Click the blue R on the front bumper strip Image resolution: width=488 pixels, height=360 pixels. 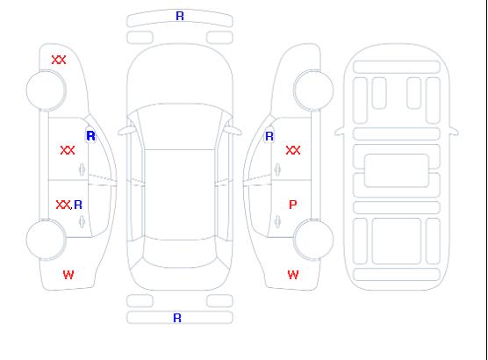point(180,16)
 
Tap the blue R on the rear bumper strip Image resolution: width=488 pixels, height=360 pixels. point(177,318)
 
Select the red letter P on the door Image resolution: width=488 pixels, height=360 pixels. point(293,205)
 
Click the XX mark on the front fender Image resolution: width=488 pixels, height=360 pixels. point(59,60)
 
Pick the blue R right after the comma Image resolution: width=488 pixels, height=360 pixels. point(78,205)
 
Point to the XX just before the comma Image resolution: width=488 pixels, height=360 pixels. point(63,205)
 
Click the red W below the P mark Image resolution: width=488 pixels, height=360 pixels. point(293,275)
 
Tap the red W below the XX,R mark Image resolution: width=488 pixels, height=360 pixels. point(68,275)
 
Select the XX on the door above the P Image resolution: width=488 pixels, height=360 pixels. point(293,150)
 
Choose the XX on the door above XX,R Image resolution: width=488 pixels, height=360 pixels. point(68,150)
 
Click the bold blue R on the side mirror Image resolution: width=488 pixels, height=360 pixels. point(91,136)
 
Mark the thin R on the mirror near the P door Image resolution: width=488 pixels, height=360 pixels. point(269,136)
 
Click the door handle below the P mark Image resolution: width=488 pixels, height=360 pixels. point(277,222)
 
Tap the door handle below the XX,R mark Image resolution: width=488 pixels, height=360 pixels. point(82,222)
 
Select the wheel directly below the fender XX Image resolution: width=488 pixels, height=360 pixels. point(46,90)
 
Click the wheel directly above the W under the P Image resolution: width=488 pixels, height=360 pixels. point(313,239)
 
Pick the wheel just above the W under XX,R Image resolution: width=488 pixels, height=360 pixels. point(46,239)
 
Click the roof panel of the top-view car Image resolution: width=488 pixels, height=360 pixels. point(180,195)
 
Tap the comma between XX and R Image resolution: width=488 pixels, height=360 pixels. point(72,208)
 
